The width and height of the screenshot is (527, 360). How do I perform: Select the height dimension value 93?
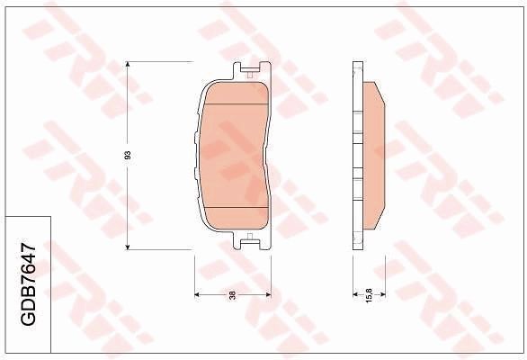tap(129, 155)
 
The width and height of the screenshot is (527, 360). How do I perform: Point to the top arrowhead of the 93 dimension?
tap(129, 65)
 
